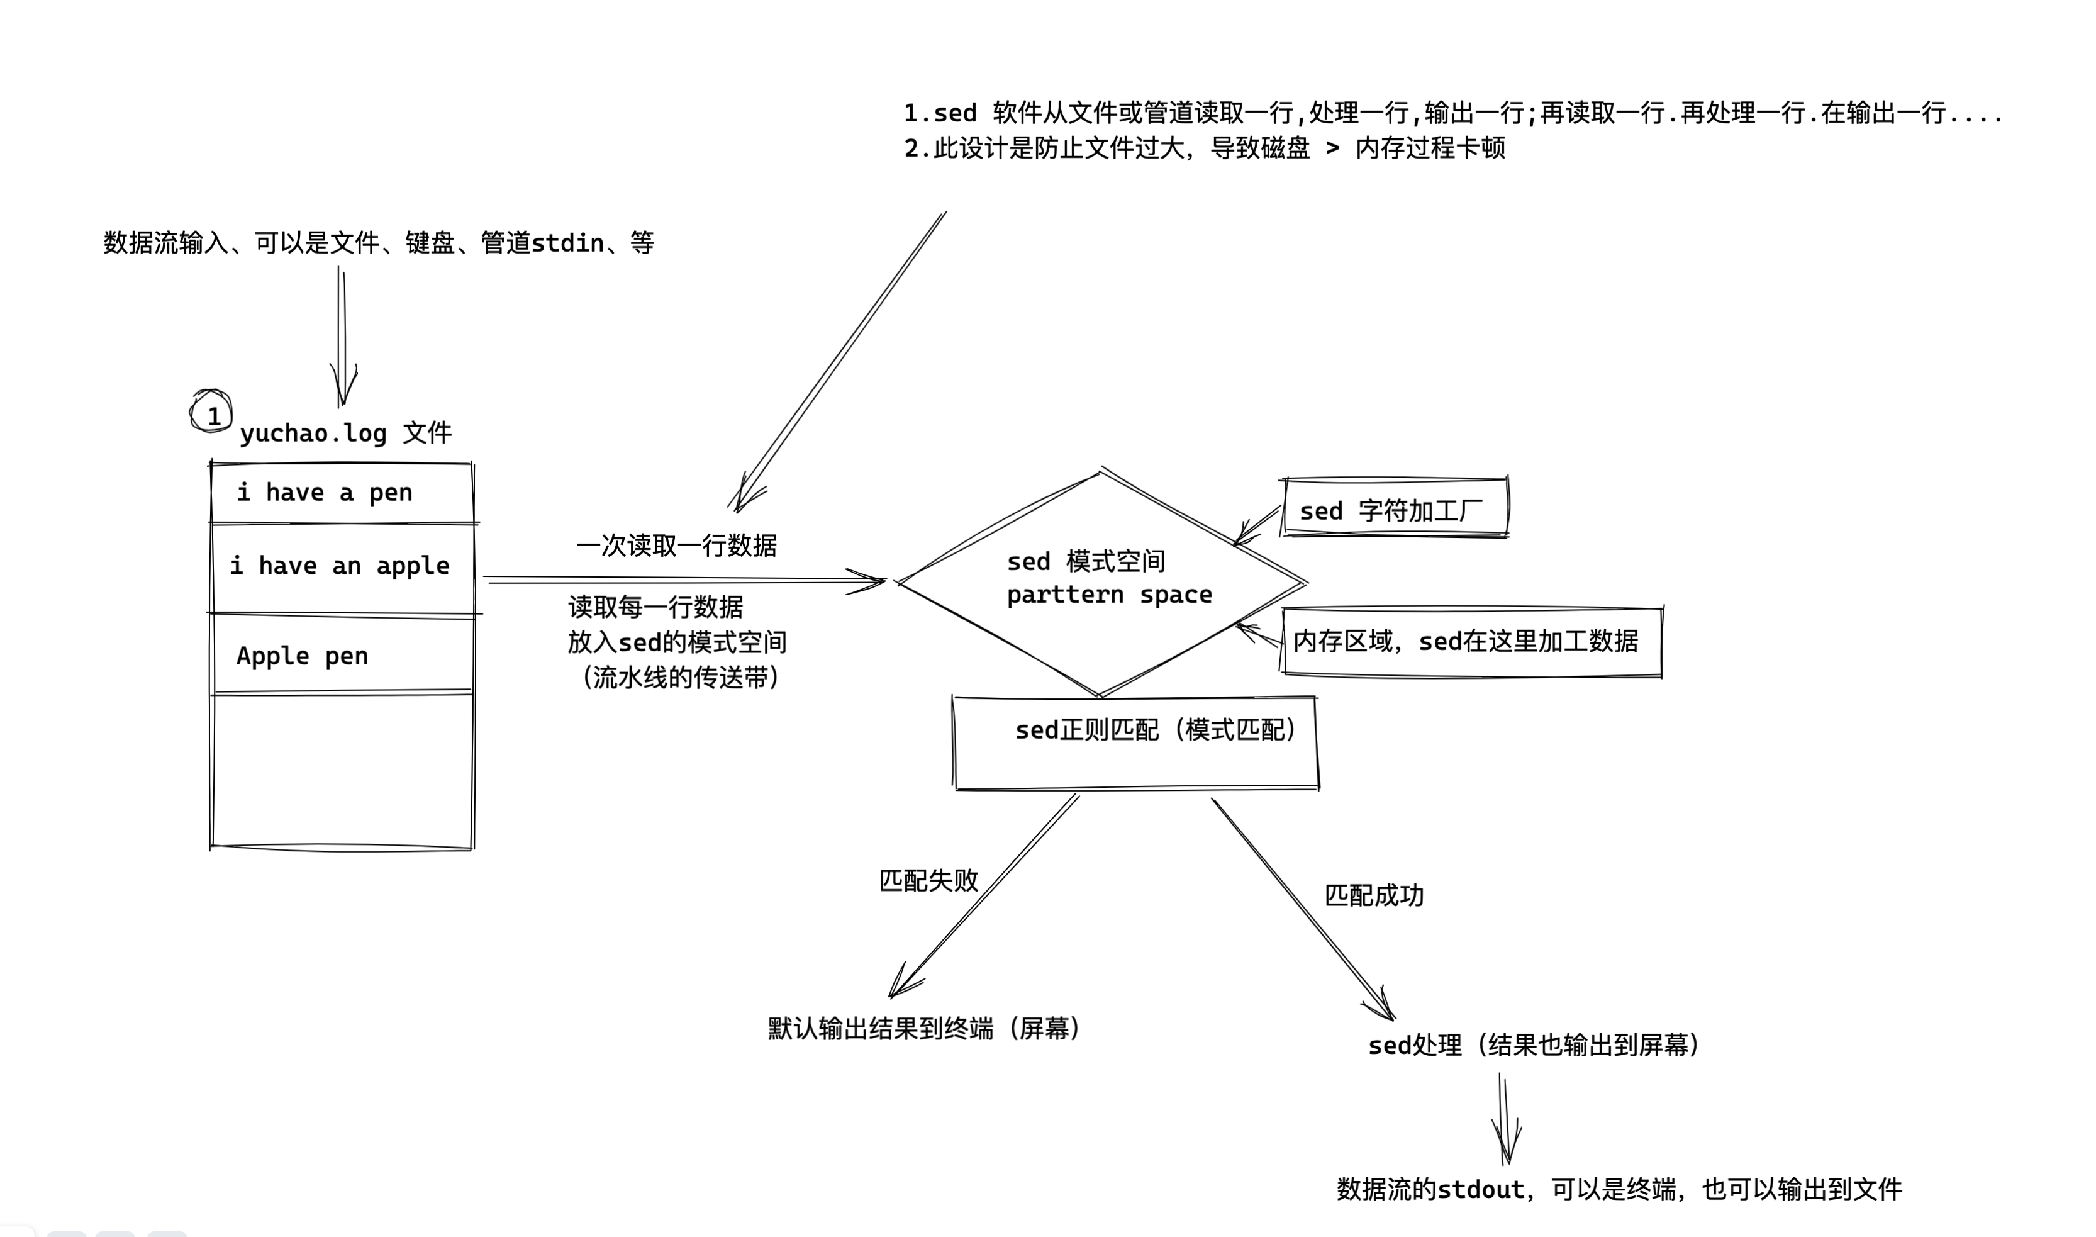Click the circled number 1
(213, 413)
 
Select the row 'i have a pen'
(342, 493)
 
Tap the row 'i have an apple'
(342, 567)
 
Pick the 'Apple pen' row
(342, 656)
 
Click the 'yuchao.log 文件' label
(346, 434)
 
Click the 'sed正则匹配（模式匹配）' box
(1135, 742)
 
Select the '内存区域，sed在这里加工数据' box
(1471, 642)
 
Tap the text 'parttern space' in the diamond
(1108, 595)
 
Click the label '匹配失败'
(928, 881)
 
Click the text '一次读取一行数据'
(677, 546)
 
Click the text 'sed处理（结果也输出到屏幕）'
(1534, 1045)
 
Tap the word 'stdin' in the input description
(567, 243)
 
